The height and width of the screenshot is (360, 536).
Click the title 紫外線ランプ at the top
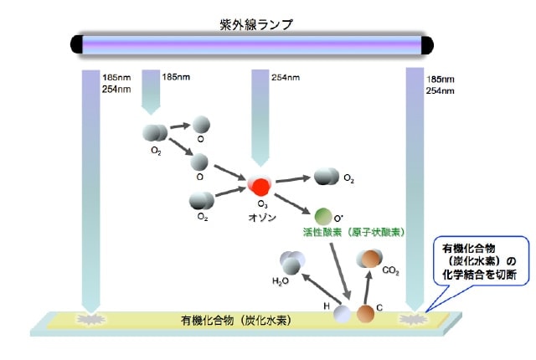(x=251, y=23)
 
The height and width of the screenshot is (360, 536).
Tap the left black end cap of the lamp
(x=76, y=44)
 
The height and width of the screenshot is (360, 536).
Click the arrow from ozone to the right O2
(x=292, y=179)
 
